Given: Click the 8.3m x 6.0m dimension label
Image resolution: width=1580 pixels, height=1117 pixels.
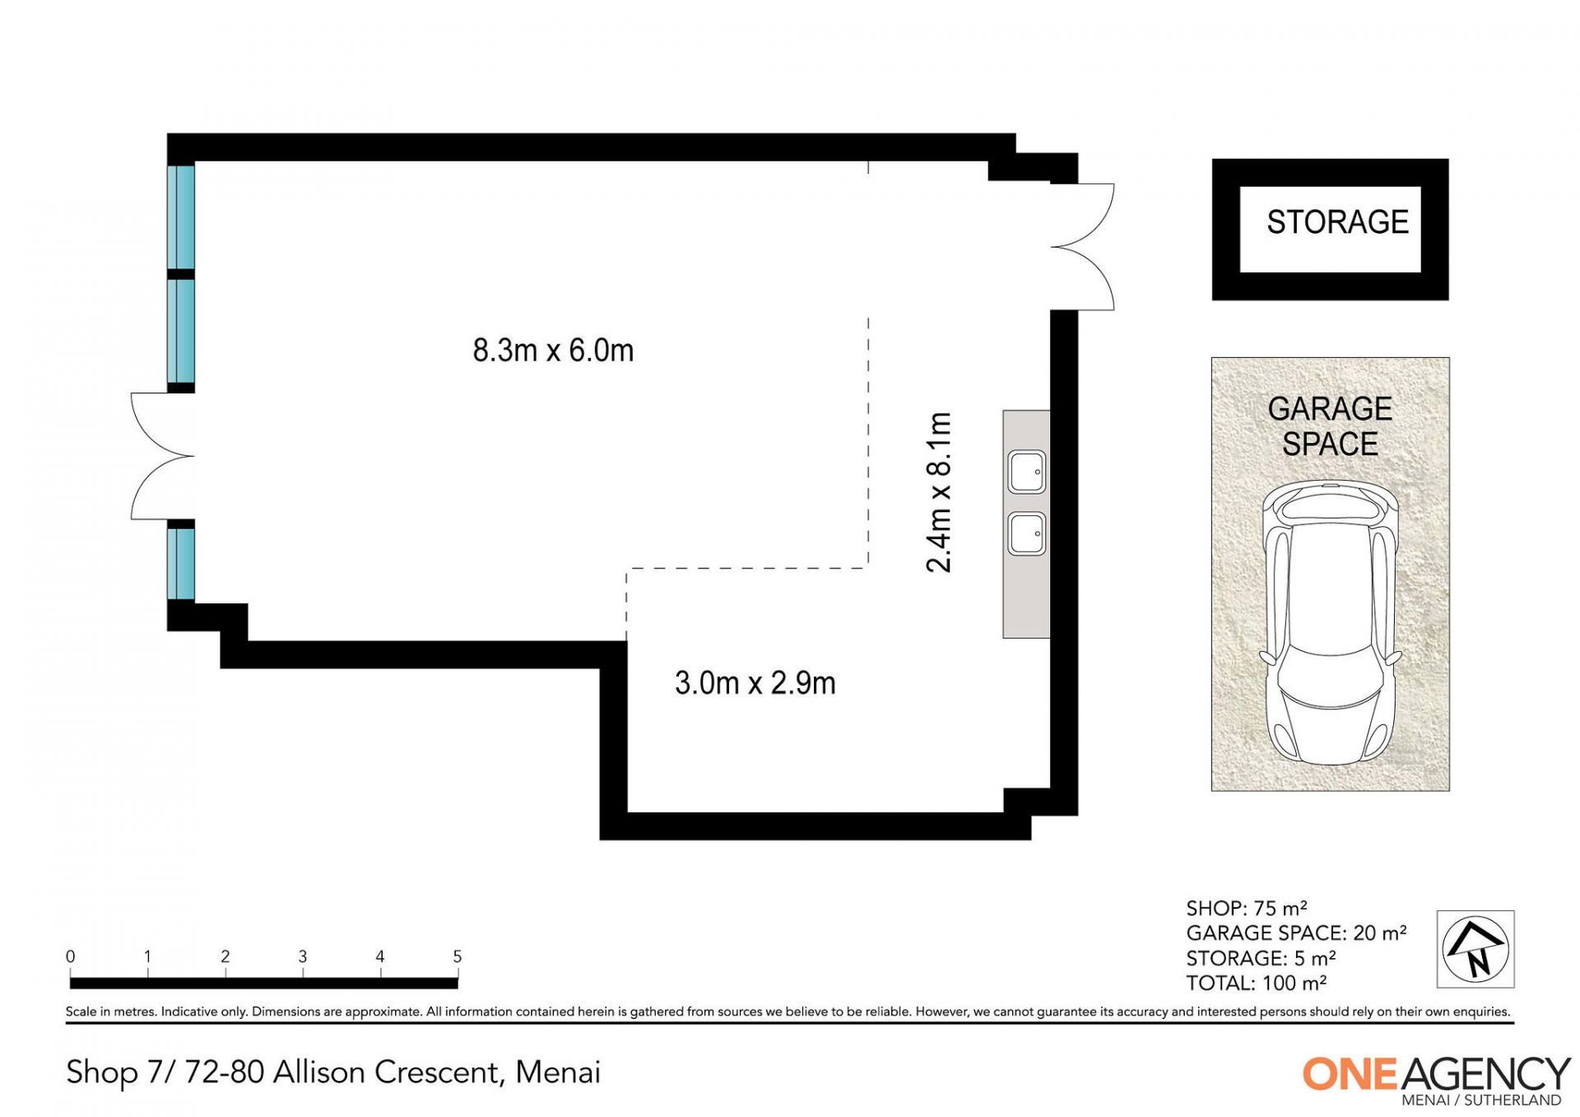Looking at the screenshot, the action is tap(553, 351).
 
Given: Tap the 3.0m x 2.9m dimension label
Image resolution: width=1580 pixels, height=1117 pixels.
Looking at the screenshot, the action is tap(755, 683).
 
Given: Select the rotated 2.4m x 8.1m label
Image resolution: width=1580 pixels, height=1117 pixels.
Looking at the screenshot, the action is tap(939, 492).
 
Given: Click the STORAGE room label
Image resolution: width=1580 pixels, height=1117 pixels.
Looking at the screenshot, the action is tap(1337, 222).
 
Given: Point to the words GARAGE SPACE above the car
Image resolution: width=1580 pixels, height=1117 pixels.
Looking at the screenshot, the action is tap(1330, 426).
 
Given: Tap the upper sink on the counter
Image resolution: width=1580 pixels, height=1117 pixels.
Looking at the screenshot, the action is tap(1027, 472).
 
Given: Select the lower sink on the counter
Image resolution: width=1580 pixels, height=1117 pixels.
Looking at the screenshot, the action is tap(1027, 533).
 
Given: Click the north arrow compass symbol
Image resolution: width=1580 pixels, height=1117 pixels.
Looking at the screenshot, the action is tap(1476, 949).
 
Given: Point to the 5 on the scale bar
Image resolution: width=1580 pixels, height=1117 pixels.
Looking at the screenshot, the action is tap(458, 956).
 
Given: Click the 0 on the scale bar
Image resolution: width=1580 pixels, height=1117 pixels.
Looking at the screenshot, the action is tap(71, 956).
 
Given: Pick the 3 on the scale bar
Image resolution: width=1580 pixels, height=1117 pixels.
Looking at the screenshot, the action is tap(303, 956).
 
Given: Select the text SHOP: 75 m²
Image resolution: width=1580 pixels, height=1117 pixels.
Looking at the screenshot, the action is tap(1247, 908).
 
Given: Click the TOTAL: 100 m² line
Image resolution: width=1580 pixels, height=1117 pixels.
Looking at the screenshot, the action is tap(1257, 983).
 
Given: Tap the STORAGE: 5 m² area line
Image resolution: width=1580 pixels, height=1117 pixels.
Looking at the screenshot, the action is tap(1261, 958).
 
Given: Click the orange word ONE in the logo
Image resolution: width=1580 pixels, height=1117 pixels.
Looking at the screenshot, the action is tap(1350, 1074).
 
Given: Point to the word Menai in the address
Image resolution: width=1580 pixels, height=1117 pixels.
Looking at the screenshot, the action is tap(558, 1073).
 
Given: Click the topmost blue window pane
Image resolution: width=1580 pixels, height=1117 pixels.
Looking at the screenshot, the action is tap(181, 217).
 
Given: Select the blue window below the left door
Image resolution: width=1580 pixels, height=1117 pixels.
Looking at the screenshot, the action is tap(181, 564).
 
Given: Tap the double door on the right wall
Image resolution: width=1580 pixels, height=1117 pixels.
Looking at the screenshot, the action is tap(1083, 247).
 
